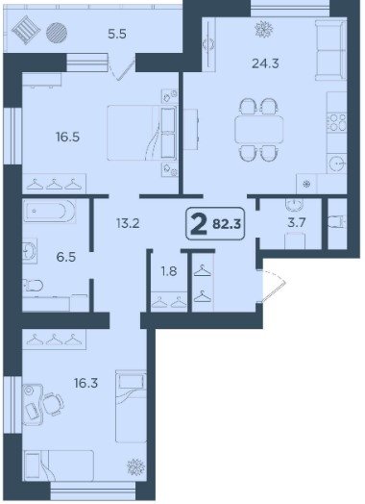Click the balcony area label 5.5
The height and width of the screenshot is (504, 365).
117,34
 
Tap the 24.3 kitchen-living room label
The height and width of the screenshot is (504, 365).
265,63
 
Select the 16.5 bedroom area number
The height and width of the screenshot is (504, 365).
67,138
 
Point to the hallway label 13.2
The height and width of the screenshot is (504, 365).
128,223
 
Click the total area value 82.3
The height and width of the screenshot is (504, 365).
227,224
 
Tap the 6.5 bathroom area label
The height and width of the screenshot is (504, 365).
66,257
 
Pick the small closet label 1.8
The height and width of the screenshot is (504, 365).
169,271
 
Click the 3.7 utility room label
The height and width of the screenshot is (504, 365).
296,222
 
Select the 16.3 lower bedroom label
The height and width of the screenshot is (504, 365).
85,383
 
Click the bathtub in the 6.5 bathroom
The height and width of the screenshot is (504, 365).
50,211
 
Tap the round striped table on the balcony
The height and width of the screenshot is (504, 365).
57,33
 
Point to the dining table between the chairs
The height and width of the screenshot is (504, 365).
259,129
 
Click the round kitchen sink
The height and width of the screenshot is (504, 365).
337,164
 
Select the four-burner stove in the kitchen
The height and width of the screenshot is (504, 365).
337,122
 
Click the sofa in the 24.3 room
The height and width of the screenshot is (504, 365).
331,50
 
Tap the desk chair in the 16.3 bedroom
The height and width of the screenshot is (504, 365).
53,403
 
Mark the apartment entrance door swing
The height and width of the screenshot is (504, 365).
273,286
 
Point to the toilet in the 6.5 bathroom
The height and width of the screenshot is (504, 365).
33,285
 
